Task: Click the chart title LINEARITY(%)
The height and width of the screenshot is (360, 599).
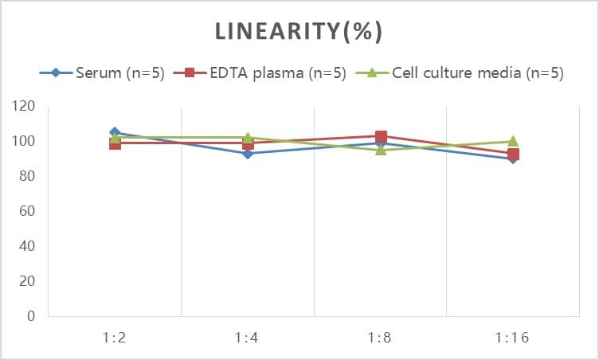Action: [x=299, y=31]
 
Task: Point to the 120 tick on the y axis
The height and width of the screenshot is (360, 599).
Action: [x=24, y=106]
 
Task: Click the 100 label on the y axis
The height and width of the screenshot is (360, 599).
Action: [x=24, y=141]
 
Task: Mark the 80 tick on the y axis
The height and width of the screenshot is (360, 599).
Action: [x=27, y=176]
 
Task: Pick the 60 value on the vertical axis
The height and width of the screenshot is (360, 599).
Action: [x=27, y=211]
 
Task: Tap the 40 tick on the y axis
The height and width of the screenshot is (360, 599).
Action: [x=27, y=246]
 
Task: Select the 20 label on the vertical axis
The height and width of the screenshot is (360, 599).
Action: [x=27, y=281]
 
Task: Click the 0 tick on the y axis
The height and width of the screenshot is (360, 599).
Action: [x=30, y=316]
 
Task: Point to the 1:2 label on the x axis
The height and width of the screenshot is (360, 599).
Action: [x=115, y=338]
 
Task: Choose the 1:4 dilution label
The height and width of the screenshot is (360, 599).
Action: [x=248, y=338]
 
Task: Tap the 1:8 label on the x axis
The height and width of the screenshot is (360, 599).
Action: [x=380, y=338]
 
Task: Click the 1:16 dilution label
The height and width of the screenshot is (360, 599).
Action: [x=513, y=338]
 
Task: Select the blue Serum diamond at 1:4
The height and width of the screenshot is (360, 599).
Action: [x=248, y=154]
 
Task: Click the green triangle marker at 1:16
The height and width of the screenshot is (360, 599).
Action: [x=513, y=141]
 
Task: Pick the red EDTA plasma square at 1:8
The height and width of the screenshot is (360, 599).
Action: [x=381, y=136]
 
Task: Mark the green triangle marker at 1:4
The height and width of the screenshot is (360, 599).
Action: [x=248, y=137]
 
